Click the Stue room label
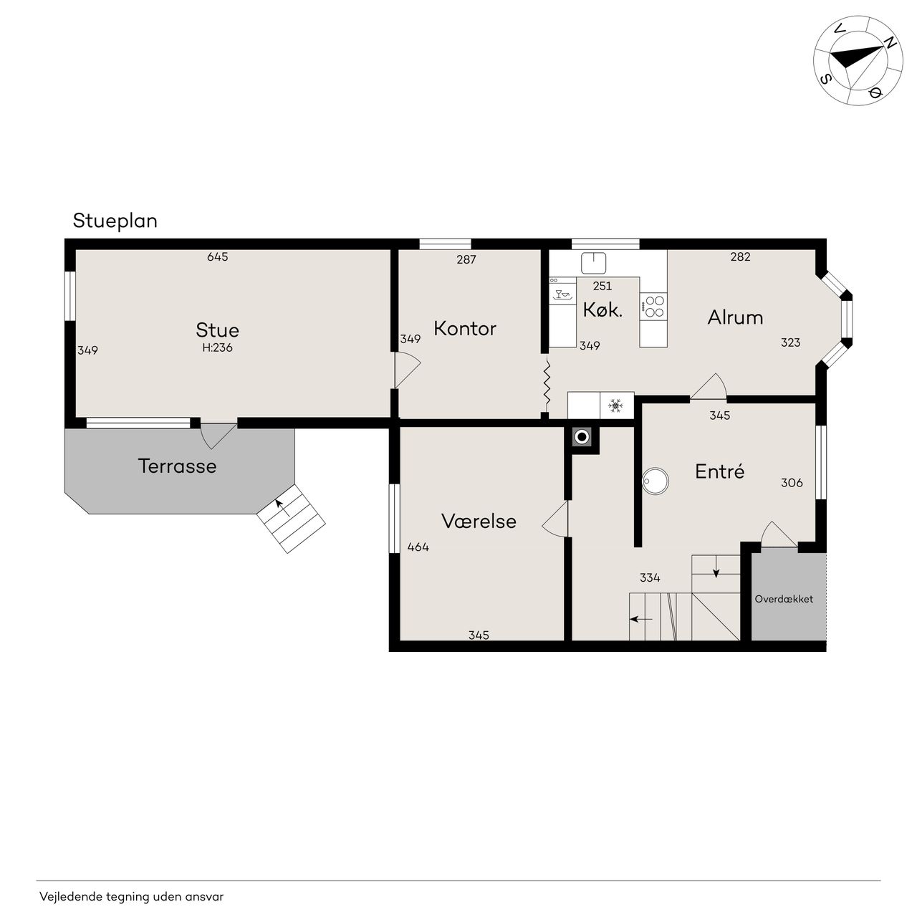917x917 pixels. pyautogui.click(x=218, y=330)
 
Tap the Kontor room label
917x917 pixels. pyautogui.click(x=465, y=328)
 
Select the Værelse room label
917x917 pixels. pyautogui.click(x=479, y=521)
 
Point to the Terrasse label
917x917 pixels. pyautogui.click(x=177, y=466)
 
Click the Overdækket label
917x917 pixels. pyautogui.click(x=784, y=599)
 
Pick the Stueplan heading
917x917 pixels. pyautogui.click(x=115, y=221)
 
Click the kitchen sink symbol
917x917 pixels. pyautogui.click(x=593, y=263)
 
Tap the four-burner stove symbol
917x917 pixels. pyautogui.click(x=653, y=306)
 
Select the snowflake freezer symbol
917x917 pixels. pyautogui.click(x=616, y=405)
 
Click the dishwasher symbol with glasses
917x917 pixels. pyautogui.click(x=562, y=294)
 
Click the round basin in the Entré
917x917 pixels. pyautogui.click(x=656, y=481)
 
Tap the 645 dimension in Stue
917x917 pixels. pyautogui.click(x=218, y=256)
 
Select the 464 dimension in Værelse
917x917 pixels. pyautogui.click(x=418, y=547)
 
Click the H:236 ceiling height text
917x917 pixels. pyautogui.click(x=218, y=348)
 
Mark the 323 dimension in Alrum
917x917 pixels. pyautogui.click(x=790, y=342)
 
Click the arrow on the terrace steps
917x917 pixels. pyautogui.click(x=282, y=508)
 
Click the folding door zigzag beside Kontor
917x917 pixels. pyautogui.click(x=547, y=386)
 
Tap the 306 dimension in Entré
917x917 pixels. pyautogui.click(x=792, y=483)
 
